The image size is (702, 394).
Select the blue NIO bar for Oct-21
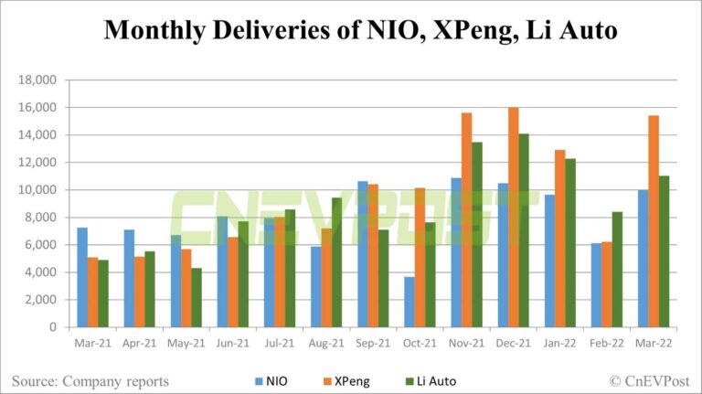point(409,302)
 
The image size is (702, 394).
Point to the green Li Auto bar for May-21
point(197,297)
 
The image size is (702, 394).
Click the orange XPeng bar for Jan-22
point(560,239)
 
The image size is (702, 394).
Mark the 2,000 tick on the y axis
point(39,300)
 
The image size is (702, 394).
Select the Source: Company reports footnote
point(90,379)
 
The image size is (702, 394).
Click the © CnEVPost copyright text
point(649,379)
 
